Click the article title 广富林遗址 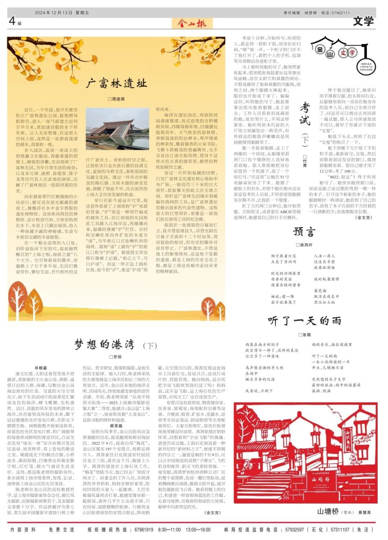pyautogui.click(x=116, y=84)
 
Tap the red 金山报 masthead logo pyautogui.click(x=194, y=24)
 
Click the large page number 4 pyautogui.click(x=12, y=21)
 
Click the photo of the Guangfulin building pyautogui.click(x=117, y=129)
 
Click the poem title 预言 pyautogui.click(x=304, y=232)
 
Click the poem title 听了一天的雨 pyautogui.click(x=304, y=320)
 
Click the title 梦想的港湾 pyautogui.click(x=105, y=344)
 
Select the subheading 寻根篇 pyautogui.click(x=41, y=368)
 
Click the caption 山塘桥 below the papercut pyautogui.click(x=328, y=511)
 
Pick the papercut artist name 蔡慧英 pyautogui.click(x=364, y=512)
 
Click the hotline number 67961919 pyautogui.click(x=144, y=530)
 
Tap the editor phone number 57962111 pyautogui.click(x=339, y=13)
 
